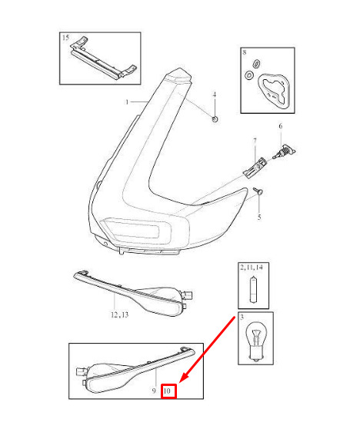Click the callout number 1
coord(127,102)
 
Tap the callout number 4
coord(215,95)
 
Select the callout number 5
coord(259,218)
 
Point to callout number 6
coord(281,126)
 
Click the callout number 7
coord(255,141)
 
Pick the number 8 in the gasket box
coord(245,52)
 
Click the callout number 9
coord(154,391)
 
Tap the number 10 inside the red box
coord(167,391)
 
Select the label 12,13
coord(120,315)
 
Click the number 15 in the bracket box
coord(65,38)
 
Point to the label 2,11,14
coord(252,268)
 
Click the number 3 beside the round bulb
coord(242,317)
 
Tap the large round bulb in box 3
coord(255,341)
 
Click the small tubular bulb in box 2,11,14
coord(253,290)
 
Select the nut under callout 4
coord(215,119)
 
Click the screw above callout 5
coord(258,191)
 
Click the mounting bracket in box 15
coord(103,58)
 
